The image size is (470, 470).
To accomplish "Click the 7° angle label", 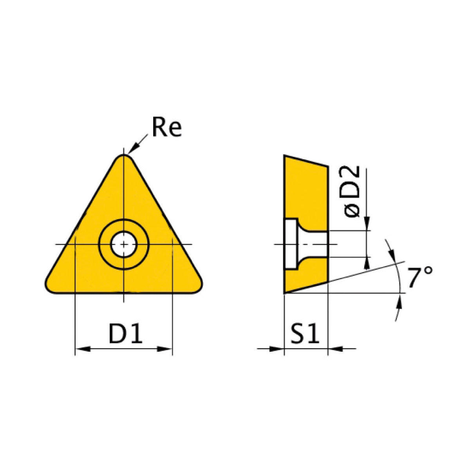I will click(x=420, y=277).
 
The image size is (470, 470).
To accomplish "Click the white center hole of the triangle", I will click(x=124, y=244).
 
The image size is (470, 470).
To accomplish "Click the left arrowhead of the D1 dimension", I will click(x=82, y=348).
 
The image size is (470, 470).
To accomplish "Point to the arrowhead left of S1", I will click(x=277, y=348).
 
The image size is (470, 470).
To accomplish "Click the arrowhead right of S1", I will click(x=335, y=348).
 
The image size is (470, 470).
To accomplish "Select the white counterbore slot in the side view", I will click(x=291, y=244).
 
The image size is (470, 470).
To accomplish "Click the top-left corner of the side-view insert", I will click(x=285, y=156).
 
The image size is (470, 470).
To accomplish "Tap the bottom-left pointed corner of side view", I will click(x=285, y=292).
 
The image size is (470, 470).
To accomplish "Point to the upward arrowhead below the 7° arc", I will click(x=399, y=302).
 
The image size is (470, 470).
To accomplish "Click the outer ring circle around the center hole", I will click(x=124, y=222).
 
